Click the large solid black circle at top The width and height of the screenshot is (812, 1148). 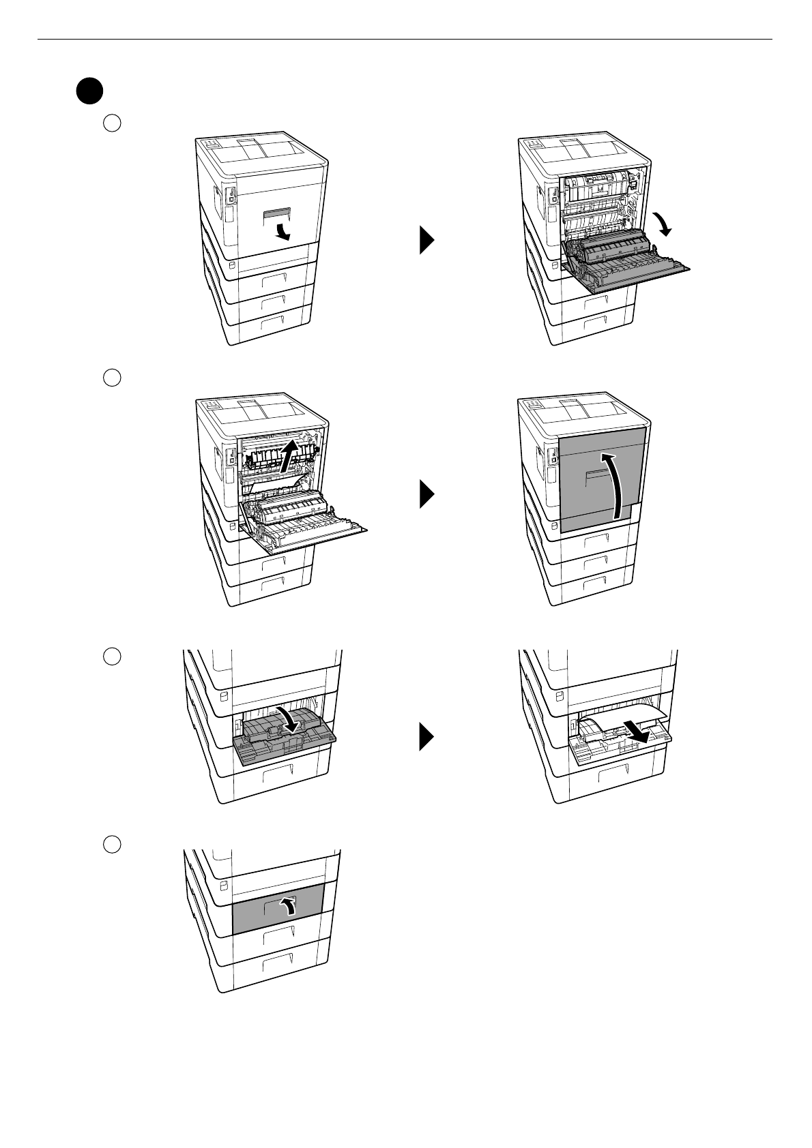[x=89, y=91]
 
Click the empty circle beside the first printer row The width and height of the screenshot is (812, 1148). [x=112, y=123]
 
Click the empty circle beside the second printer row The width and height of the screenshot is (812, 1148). [x=112, y=377]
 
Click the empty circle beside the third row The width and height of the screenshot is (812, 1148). [x=112, y=656]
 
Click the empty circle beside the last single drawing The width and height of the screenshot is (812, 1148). [x=112, y=844]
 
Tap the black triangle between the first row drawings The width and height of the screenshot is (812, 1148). [x=427, y=241]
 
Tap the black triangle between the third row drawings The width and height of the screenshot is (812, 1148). [x=427, y=738]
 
